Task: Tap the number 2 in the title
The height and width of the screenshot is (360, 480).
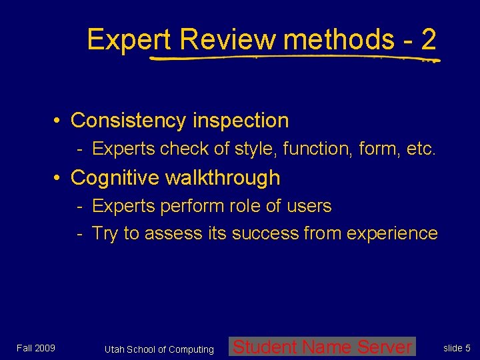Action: point(429,40)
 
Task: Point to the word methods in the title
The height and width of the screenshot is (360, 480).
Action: point(338,40)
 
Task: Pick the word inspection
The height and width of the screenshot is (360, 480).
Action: point(241,121)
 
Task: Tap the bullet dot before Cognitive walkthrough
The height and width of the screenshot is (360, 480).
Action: point(59,178)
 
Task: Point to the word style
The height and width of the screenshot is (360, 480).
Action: point(256,149)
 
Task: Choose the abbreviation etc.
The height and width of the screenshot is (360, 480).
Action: point(421,149)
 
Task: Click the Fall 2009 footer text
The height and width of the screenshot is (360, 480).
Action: point(36,348)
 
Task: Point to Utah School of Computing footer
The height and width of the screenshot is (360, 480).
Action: point(159,349)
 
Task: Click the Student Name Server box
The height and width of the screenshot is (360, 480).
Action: point(323,347)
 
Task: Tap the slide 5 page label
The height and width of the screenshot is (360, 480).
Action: point(457,348)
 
